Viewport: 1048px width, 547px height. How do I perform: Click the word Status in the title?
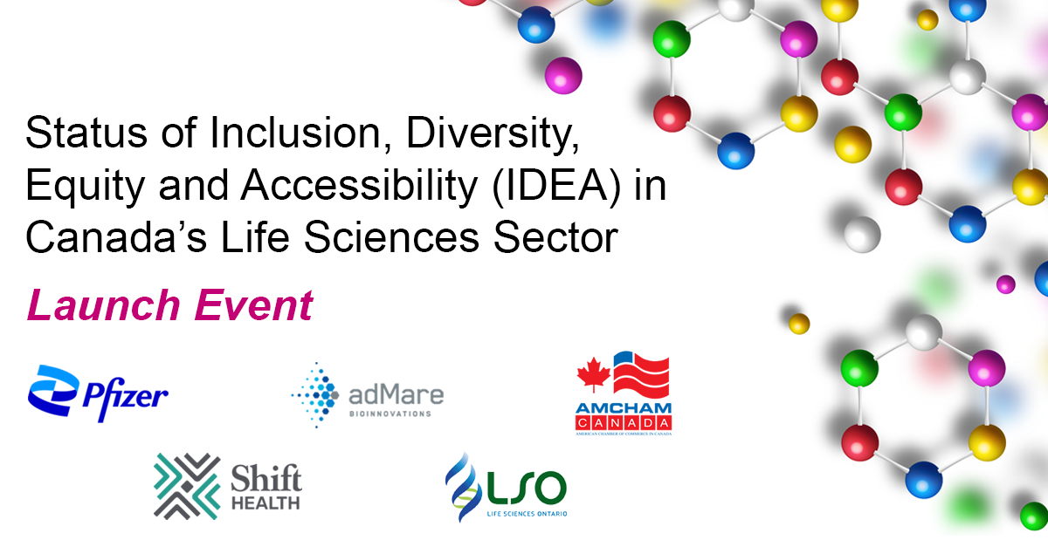coord(86,133)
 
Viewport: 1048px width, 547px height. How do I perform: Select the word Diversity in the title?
coord(493,135)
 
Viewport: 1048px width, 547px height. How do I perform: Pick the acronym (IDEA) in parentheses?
coord(556,187)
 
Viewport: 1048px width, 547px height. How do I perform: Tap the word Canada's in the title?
coord(116,237)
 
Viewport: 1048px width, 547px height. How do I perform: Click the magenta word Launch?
coord(104,305)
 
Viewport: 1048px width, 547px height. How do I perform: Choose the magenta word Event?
coord(253,305)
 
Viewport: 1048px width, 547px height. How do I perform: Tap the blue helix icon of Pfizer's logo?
coord(53,390)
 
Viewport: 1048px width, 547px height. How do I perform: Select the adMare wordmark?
coord(396,394)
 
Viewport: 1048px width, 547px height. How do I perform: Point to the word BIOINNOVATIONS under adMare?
coord(390,414)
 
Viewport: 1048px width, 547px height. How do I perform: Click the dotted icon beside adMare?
coord(315,395)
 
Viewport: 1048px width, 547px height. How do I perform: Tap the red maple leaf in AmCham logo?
coord(594,374)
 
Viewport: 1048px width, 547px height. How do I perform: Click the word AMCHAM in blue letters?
coord(624,408)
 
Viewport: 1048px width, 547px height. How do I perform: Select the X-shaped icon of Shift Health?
coord(187,486)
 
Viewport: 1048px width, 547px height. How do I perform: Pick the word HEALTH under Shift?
coord(265,503)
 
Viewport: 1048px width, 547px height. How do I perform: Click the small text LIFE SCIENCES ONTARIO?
coord(527,514)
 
